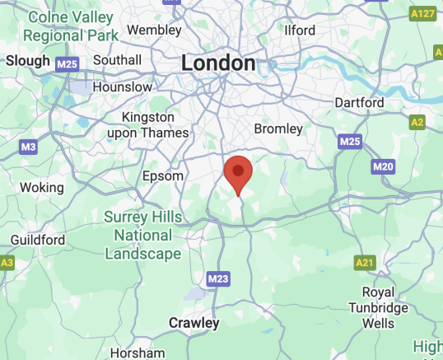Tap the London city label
218,63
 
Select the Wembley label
153,30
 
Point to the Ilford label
299,30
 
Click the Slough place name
28,60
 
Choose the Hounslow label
122,86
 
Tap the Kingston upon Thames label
155,124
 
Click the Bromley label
279,129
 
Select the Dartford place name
359,103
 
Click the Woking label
41,187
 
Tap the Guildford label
37,240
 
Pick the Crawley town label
194,322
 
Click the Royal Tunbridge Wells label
385,307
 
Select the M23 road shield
218,279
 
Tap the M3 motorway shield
28,147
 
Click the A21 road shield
365,262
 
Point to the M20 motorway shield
383,167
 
